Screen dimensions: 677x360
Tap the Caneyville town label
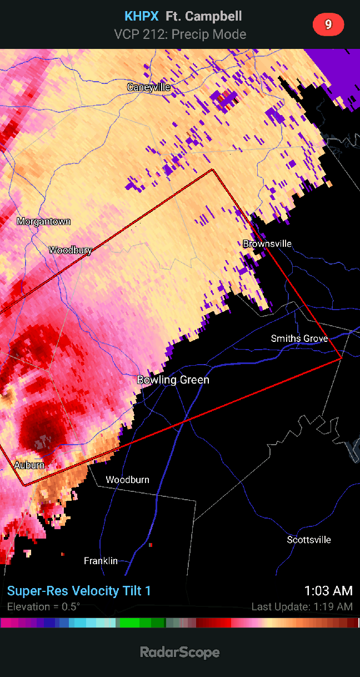[x=148, y=87]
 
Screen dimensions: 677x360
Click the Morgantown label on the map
[x=44, y=221]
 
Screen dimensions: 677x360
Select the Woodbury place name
[x=70, y=250]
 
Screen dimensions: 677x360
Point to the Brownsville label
[x=267, y=243]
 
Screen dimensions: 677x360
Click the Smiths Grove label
[x=299, y=338]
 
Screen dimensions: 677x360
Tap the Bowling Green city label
[x=173, y=380]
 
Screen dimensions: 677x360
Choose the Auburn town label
[x=29, y=465]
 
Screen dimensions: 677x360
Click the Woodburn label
[x=127, y=480]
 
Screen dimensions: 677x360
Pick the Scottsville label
[x=309, y=540]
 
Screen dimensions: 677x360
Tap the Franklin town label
[x=101, y=561]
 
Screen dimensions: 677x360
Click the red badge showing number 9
[x=328, y=24]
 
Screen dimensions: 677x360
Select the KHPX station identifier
[x=142, y=17]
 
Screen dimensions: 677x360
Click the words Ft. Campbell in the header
[x=204, y=17]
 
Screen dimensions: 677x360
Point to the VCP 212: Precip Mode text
[x=180, y=34]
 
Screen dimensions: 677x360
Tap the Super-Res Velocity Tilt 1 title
[x=79, y=591]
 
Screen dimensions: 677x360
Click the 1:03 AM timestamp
[x=328, y=591]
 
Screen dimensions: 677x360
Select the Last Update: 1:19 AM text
[x=302, y=606]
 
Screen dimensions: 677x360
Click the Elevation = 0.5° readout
[x=43, y=606]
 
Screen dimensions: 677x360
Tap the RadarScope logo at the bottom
[x=180, y=652]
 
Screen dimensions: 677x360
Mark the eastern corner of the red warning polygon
[x=341, y=359]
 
